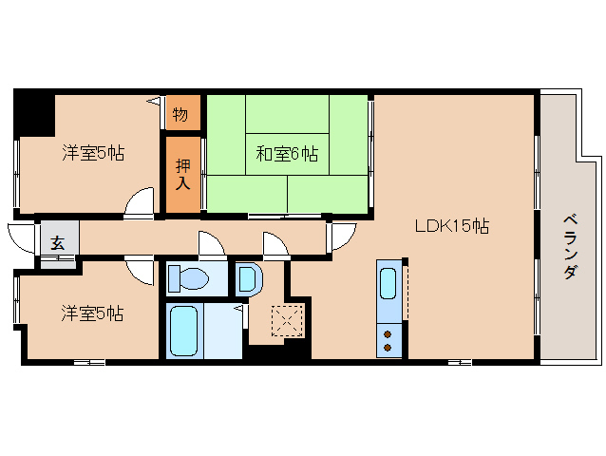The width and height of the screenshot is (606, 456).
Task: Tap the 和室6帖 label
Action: click(x=286, y=154)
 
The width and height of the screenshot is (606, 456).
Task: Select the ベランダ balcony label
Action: click(x=570, y=244)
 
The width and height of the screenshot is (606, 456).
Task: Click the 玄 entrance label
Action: click(x=58, y=242)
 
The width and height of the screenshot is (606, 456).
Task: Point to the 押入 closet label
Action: click(x=184, y=175)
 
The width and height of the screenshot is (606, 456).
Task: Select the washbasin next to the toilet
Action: click(x=246, y=279)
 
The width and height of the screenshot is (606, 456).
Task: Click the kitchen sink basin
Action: click(x=388, y=284)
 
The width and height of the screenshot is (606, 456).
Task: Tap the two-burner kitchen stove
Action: click(x=388, y=339)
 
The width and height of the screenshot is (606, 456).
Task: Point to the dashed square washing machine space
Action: click(x=286, y=321)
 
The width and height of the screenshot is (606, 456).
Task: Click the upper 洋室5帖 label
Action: click(x=94, y=152)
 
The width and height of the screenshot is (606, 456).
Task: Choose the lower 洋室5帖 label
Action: click(x=93, y=313)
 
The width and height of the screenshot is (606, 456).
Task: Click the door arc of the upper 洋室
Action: click(x=141, y=203)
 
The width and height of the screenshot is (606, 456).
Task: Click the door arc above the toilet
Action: click(x=212, y=245)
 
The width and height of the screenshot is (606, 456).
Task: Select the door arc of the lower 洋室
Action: click(x=141, y=272)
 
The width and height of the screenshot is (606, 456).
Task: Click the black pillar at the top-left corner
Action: click(x=34, y=112)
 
